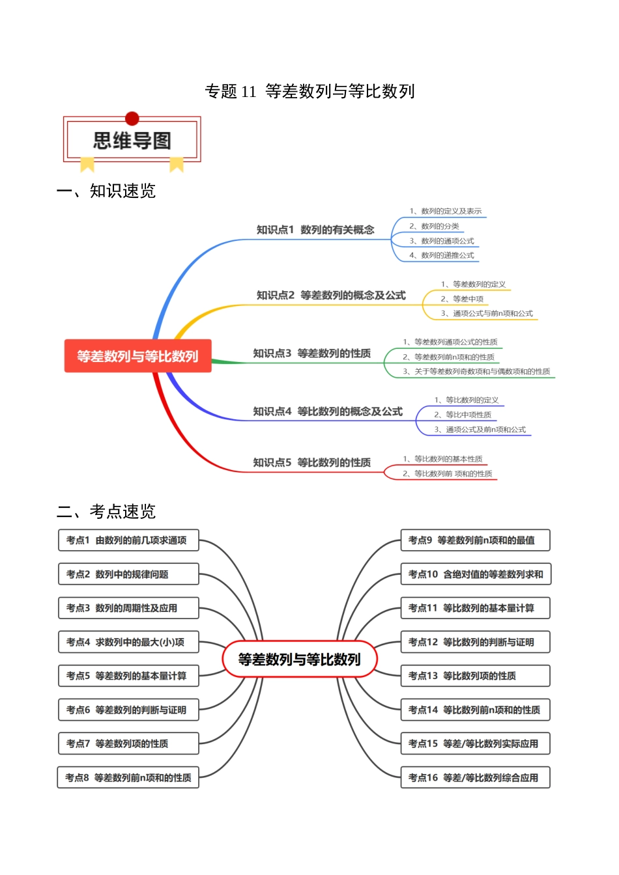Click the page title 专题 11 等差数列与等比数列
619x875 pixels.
309,91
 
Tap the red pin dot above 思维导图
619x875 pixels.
132,118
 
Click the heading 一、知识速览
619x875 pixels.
106,191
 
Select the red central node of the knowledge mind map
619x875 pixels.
137,356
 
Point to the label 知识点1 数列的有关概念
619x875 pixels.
315,230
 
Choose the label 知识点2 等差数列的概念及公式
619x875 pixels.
331,296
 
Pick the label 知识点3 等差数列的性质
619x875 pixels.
311,354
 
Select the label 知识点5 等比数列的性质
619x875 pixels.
311,463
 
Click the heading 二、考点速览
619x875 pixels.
106,512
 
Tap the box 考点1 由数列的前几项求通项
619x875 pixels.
128,540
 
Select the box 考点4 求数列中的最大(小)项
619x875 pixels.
128,642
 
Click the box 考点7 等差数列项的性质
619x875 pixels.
128,743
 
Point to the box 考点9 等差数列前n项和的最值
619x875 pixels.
475,540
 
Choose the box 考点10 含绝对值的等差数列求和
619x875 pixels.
476,574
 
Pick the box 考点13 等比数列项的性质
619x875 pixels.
475,676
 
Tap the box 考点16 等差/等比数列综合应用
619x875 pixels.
475,777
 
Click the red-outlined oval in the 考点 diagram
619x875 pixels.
300,660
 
